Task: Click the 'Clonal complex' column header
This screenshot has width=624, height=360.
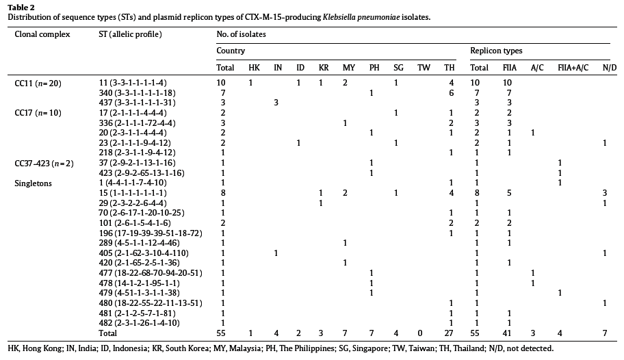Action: click(x=42, y=34)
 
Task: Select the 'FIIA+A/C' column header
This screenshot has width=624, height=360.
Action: click(x=573, y=68)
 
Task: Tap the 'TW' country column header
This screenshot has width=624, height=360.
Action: click(x=424, y=68)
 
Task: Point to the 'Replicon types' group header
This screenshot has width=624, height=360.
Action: click(x=496, y=51)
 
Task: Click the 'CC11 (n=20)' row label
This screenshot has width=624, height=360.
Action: click(x=38, y=83)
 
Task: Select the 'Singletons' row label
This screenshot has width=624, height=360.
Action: click(x=33, y=183)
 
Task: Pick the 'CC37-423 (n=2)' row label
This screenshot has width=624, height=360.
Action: click(x=44, y=164)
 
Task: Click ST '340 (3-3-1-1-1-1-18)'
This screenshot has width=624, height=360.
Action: click(x=138, y=93)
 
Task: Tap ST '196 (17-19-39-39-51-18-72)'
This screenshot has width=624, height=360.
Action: click(x=151, y=233)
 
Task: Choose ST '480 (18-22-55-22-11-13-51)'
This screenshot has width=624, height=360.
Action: click(x=151, y=303)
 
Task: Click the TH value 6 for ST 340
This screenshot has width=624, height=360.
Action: click(x=451, y=93)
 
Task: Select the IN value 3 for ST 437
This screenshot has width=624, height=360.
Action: click(x=276, y=103)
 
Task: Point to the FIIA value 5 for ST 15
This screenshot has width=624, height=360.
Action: click(x=509, y=193)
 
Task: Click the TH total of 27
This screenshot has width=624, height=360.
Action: click(x=449, y=333)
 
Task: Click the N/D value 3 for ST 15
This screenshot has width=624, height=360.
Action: click(x=605, y=193)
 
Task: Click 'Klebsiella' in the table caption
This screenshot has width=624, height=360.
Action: click(x=340, y=17)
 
